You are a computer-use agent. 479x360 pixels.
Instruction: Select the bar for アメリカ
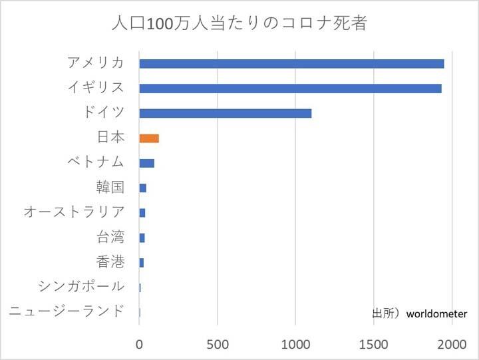point(291,64)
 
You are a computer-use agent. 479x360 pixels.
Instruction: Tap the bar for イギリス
point(290,89)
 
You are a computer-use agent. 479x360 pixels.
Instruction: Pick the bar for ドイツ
point(225,113)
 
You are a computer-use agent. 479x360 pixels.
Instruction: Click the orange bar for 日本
point(149,138)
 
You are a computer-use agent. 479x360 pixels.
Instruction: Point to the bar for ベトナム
point(146,163)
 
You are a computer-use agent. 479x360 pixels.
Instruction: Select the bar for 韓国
point(142,188)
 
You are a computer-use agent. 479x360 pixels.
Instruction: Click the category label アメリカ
point(96,63)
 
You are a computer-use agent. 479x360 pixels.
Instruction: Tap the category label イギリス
point(96,88)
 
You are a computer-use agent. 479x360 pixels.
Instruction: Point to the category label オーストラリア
point(74,212)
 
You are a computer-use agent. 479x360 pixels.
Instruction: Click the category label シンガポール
point(81,287)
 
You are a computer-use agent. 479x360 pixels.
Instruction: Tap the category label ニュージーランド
point(67,311)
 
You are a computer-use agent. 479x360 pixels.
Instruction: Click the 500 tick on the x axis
point(218,344)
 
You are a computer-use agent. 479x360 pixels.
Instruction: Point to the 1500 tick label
point(374,344)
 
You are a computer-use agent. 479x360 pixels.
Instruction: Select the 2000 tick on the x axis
point(452,344)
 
